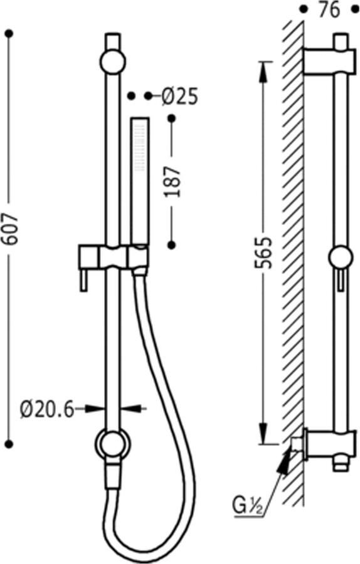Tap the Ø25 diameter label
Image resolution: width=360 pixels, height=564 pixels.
(x=179, y=96)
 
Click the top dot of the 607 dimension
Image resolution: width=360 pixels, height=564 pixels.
(x=9, y=33)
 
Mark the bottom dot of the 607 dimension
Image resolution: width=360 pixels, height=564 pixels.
(x=9, y=444)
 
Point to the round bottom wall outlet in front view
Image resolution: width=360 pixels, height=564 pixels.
(x=112, y=444)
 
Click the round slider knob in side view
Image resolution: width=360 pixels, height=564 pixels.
(x=341, y=258)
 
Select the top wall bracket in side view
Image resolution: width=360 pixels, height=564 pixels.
(x=326, y=61)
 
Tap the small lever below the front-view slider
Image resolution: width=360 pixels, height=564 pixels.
(x=82, y=281)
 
